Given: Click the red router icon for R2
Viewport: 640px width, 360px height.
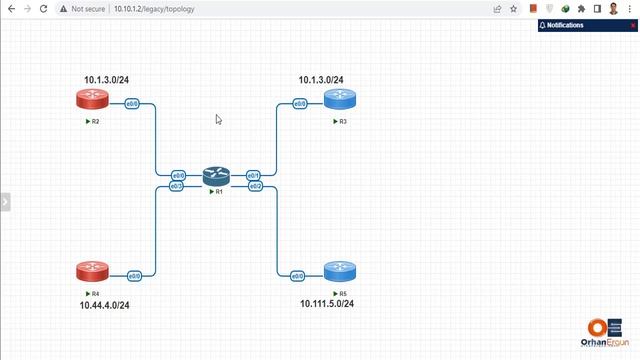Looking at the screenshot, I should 92,99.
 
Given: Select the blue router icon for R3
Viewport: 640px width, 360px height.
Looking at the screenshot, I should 340,99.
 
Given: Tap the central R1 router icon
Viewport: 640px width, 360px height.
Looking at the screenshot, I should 216,176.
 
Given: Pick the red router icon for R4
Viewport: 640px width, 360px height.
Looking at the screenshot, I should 92,271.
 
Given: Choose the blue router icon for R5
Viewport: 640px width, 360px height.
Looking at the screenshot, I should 340,271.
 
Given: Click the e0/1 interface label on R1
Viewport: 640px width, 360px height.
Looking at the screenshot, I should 253,175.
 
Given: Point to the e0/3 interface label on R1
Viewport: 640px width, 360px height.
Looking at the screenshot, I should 177,186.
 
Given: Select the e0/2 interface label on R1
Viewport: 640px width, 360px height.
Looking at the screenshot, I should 255,186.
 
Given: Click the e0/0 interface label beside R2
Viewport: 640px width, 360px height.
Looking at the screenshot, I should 131,103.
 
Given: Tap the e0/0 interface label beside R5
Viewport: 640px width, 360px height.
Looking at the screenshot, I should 297,275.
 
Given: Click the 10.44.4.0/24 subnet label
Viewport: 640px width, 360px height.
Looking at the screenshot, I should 105,305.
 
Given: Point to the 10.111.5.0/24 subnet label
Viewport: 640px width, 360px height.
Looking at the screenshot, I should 327,303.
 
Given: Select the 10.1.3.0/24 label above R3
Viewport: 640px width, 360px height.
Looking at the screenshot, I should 320,80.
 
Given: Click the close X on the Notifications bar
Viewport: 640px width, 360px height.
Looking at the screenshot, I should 632,25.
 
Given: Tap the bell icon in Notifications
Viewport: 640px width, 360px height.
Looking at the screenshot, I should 543,25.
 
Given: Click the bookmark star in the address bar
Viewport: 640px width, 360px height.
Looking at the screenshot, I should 514,8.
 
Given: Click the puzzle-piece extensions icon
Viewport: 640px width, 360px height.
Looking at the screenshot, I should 581,8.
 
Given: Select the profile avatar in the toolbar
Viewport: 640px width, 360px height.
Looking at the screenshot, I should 613,8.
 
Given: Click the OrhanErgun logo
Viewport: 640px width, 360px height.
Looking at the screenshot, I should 606,332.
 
